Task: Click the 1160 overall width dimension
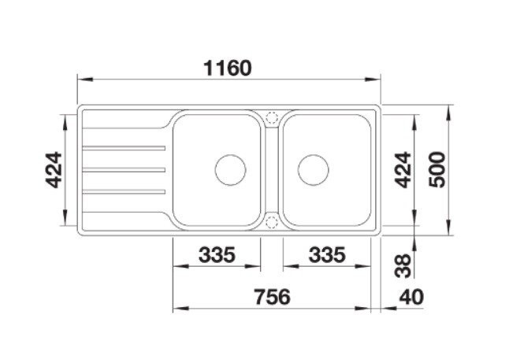(x=227, y=69)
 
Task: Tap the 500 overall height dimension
(x=437, y=169)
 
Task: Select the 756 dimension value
(x=272, y=297)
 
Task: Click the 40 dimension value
(x=411, y=297)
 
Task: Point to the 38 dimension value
(x=403, y=265)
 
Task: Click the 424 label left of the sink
(x=54, y=169)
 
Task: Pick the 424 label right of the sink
(x=403, y=169)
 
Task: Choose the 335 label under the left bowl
(x=217, y=254)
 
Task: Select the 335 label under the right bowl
(x=326, y=254)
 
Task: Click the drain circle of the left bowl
(x=231, y=155)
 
